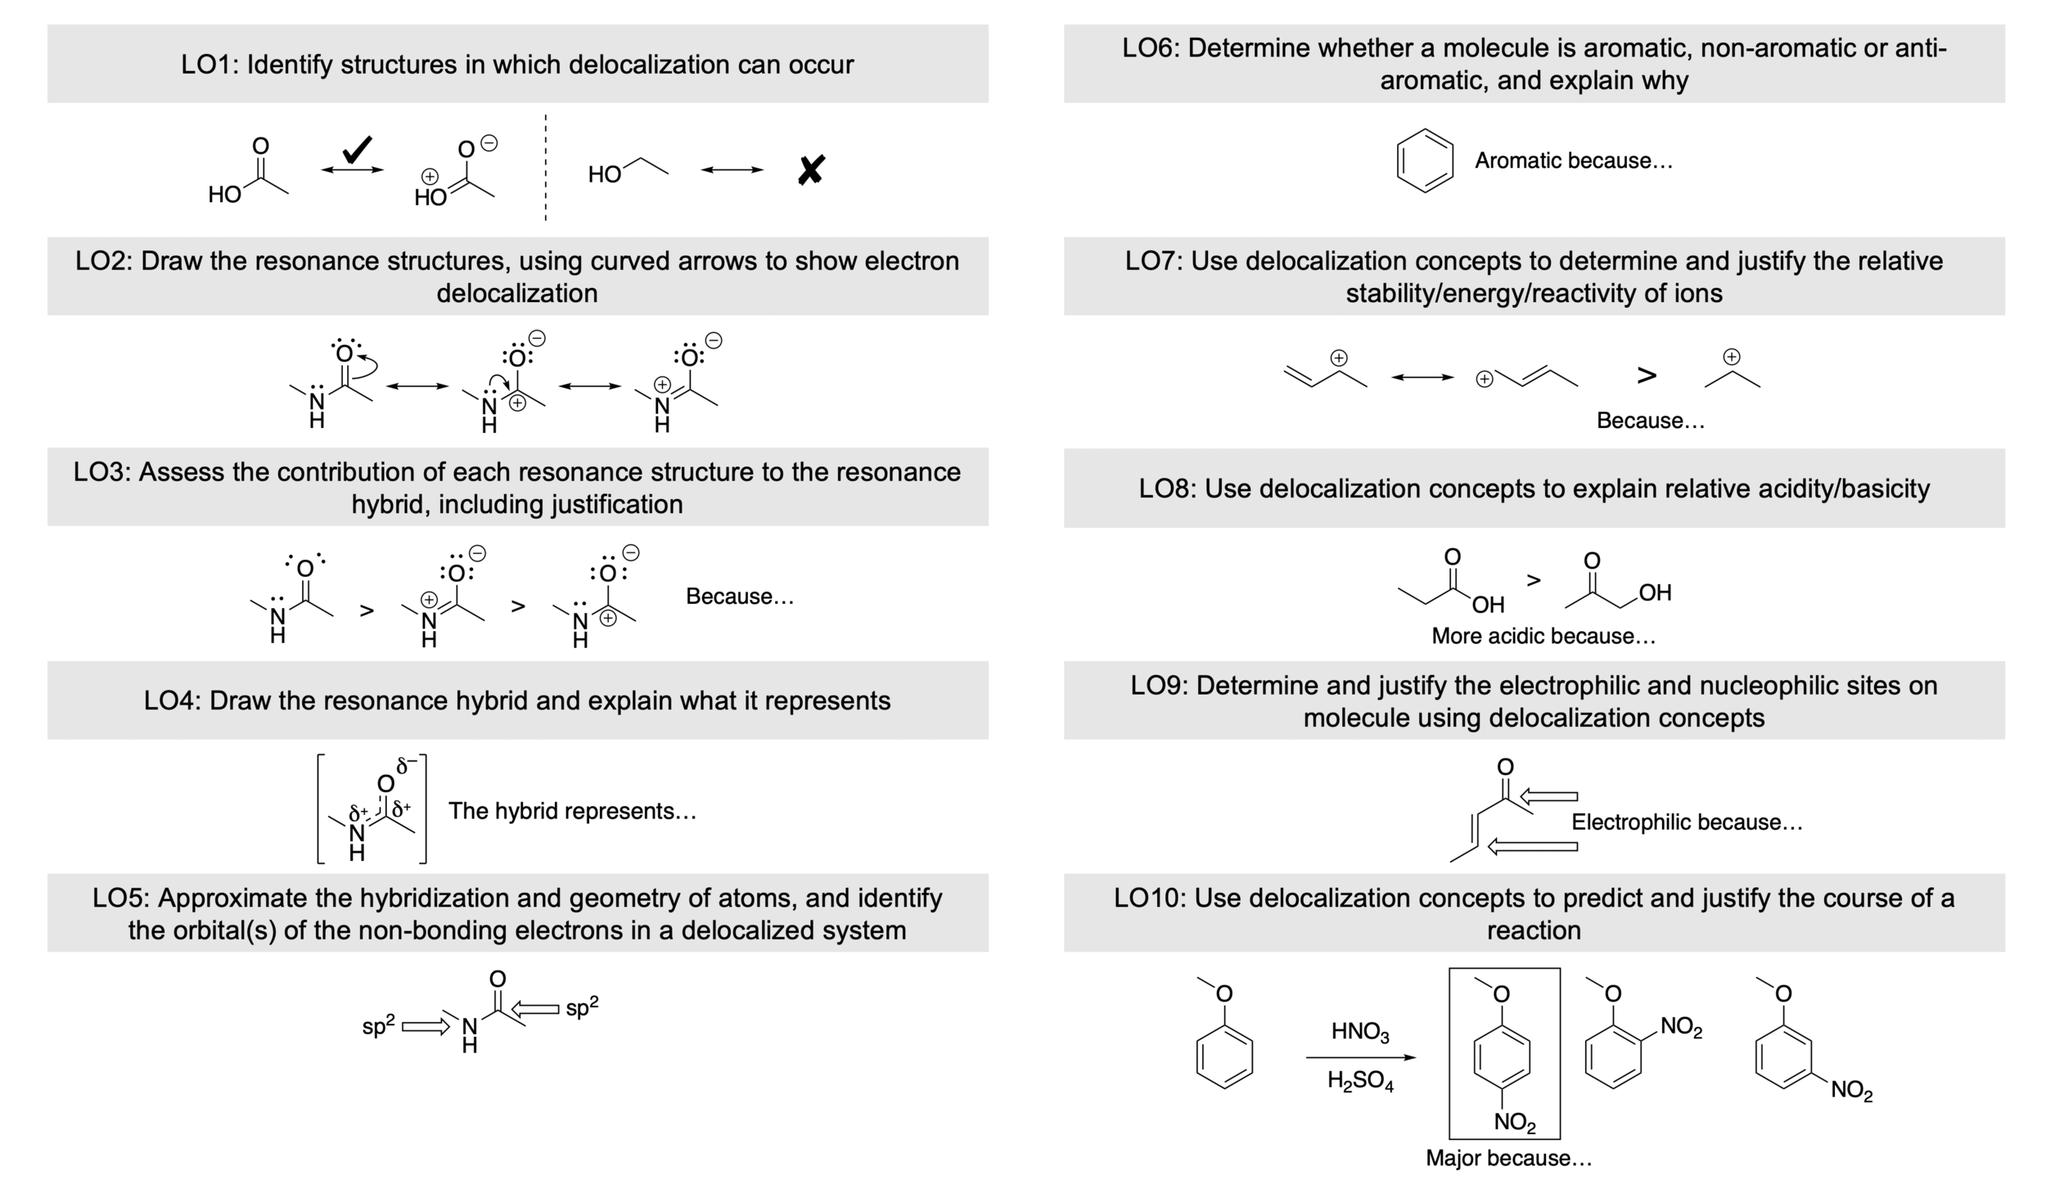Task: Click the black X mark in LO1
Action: [810, 170]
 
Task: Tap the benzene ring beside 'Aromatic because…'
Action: [1425, 160]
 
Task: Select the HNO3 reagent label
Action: [1359, 1032]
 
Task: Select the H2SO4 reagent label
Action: [1360, 1082]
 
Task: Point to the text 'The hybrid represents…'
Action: [572, 811]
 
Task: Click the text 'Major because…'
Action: [1508, 1158]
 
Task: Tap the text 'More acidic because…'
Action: [1543, 636]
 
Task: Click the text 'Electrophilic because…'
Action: [1687, 822]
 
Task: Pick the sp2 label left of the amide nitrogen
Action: [378, 1025]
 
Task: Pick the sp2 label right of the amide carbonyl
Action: [582, 1007]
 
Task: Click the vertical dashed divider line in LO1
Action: [546, 168]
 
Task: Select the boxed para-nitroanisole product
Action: [1504, 1054]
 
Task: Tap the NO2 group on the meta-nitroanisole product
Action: [1851, 1090]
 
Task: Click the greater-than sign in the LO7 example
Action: [1647, 376]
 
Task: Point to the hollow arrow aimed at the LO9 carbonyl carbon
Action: [1548, 796]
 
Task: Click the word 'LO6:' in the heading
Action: [1151, 48]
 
